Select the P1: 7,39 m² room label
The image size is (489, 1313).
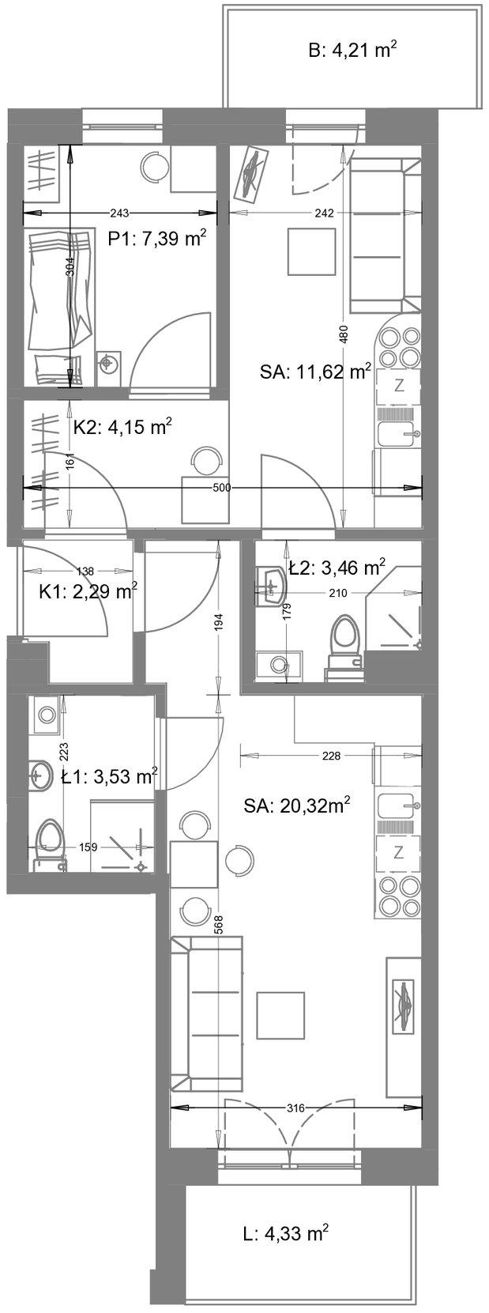(157, 239)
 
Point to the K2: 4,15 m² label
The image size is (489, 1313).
(122, 427)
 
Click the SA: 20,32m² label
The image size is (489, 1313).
(297, 806)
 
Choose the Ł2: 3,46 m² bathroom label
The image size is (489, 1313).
(337, 567)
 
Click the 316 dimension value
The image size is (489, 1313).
(297, 1107)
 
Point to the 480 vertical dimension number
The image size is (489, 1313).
(343, 334)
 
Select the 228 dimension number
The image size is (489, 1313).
(331, 756)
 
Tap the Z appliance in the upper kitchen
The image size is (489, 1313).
(399, 387)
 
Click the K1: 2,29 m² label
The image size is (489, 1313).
(88, 592)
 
